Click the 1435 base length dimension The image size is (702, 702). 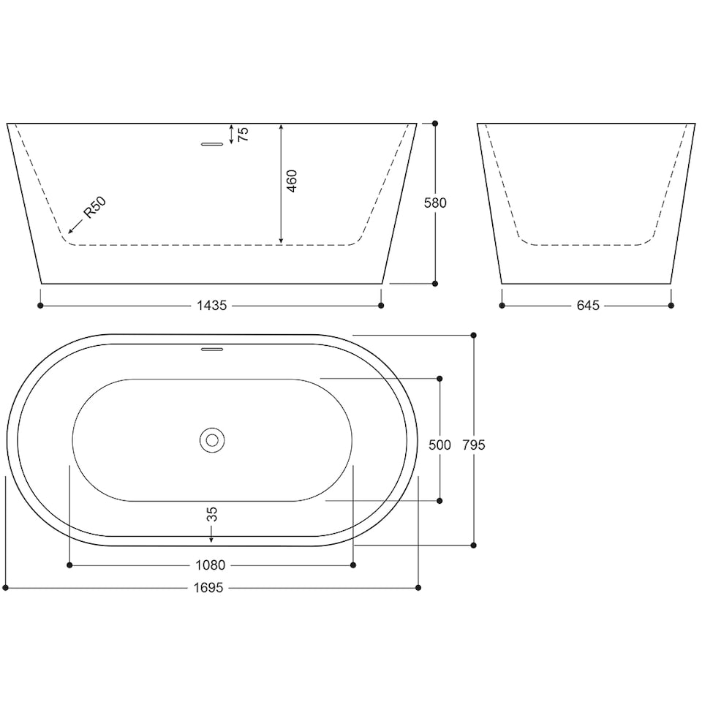click(x=210, y=306)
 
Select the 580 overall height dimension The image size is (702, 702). click(x=435, y=203)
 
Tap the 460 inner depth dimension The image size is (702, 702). click(x=292, y=181)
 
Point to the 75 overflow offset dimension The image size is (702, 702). click(x=244, y=134)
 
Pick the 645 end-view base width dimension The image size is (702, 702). click(x=587, y=306)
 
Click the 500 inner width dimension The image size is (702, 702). click(x=439, y=444)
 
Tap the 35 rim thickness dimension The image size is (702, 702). click(x=212, y=514)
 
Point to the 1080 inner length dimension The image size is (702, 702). click(x=211, y=565)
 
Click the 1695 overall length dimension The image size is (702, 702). click(x=210, y=587)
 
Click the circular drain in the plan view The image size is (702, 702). click(x=211, y=440)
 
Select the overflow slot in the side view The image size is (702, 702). click(x=211, y=144)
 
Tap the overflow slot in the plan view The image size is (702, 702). click(x=211, y=349)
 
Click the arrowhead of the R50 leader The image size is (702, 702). click(x=69, y=232)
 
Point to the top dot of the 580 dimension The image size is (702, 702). click(x=435, y=124)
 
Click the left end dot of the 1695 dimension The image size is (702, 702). click(x=6, y=587)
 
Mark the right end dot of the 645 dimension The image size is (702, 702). click(x=671, y=305)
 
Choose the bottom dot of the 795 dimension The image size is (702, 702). click(x=474, y=545)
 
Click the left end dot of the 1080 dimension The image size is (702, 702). click(x=69, y=565)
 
